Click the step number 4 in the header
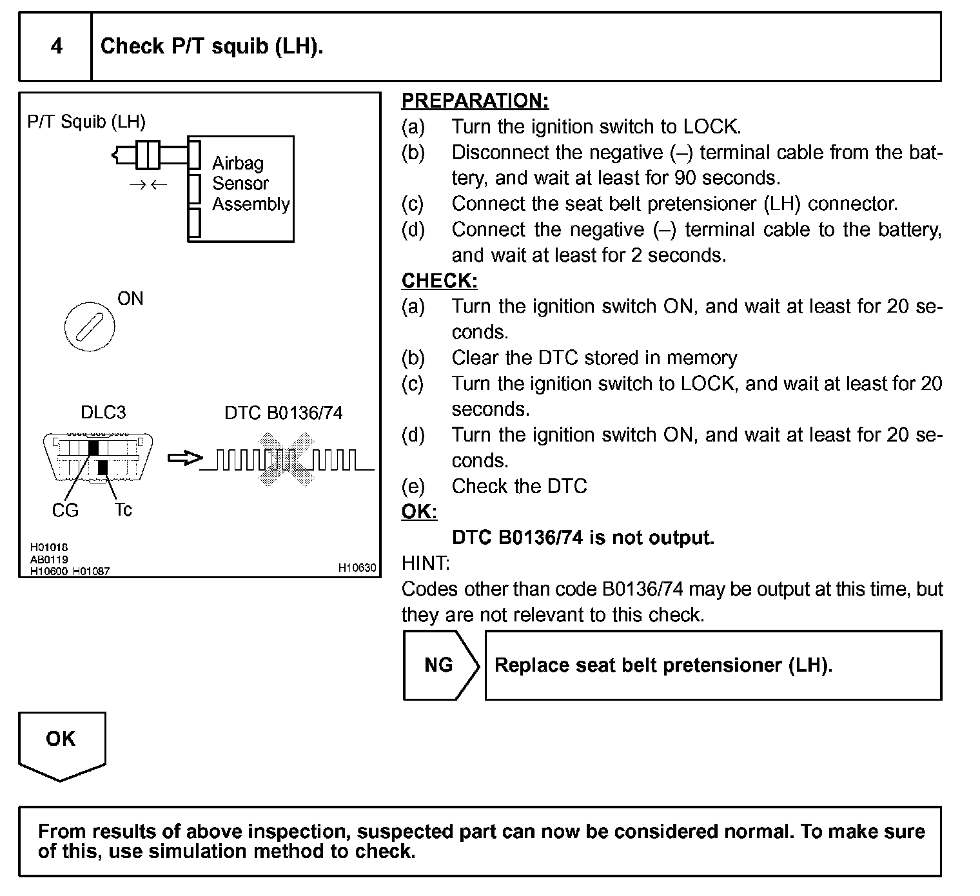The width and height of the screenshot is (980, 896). click(56, 46)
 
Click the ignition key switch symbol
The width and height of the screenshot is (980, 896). click(90, 327)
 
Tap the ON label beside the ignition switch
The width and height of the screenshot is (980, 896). click(130, 298)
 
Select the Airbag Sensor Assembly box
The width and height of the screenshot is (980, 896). click(241, 189)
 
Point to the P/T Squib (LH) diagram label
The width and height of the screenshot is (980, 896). click(86, 121)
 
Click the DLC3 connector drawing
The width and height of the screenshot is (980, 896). click(98, 457)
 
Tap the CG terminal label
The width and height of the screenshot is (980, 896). click(64, 511)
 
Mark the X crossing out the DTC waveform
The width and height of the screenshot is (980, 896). click(285, 459)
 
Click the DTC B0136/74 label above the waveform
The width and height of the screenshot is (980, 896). click(283, 413)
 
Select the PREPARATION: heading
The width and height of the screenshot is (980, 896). click(475, 101)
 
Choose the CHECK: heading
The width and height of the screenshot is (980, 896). click(439, 281)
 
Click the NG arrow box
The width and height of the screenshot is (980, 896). click(440, 665)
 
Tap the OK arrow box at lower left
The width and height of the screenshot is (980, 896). click(61, 741)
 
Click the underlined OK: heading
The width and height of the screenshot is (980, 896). click(418, 512)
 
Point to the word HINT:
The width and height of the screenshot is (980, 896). click(426, 563)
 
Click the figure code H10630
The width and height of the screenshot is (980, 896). click(357, 568)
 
